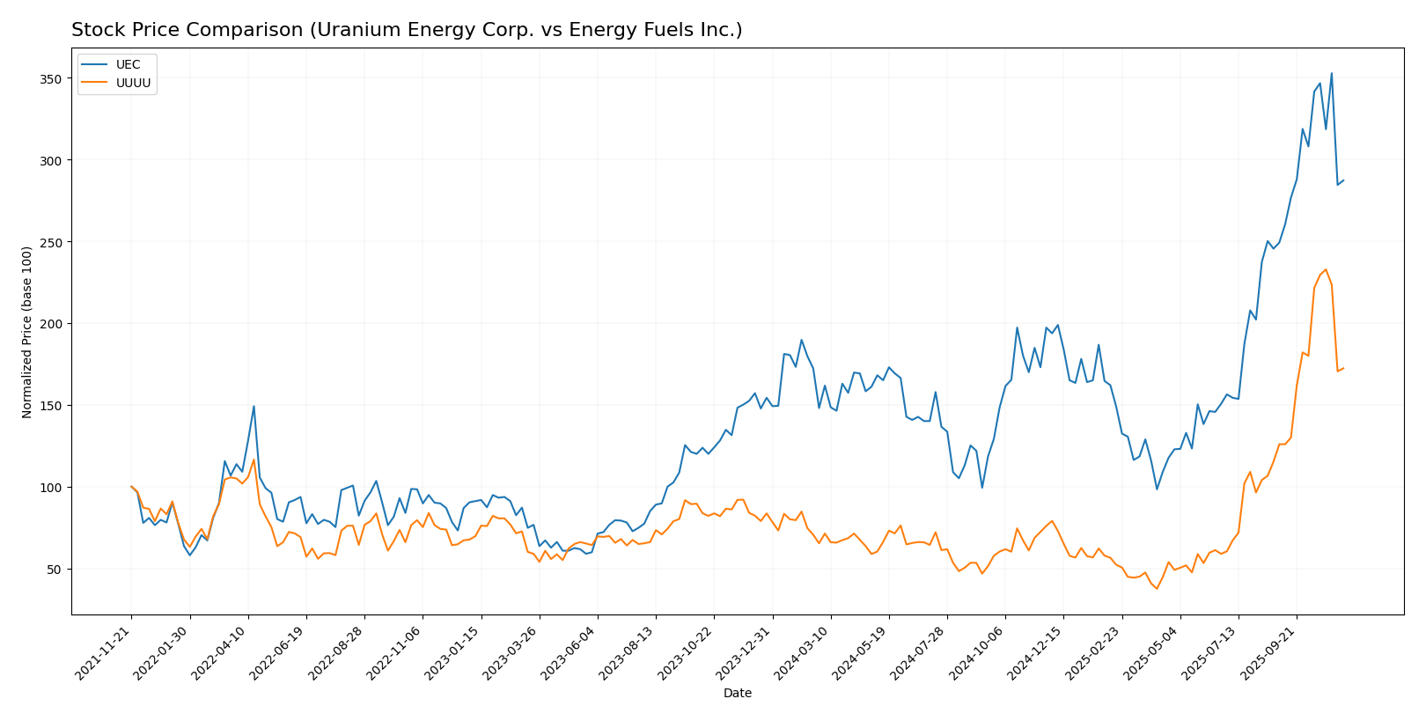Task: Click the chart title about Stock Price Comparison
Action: (407, 30)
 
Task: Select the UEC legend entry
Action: (128, 65)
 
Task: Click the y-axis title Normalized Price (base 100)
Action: (27, 332)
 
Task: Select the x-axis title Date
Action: (737, 694)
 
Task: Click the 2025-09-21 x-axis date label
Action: (1269, 653)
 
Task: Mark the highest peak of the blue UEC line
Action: (1331, 73)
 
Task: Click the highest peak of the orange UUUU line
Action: (1326, 269)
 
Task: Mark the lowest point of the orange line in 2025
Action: (1157, 588)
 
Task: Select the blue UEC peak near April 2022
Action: (254, 406)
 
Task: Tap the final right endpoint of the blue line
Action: (1343, 180)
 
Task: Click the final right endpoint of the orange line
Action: (1343, 368)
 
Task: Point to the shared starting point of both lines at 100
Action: (131, 487)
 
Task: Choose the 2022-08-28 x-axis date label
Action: (337, 653)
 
